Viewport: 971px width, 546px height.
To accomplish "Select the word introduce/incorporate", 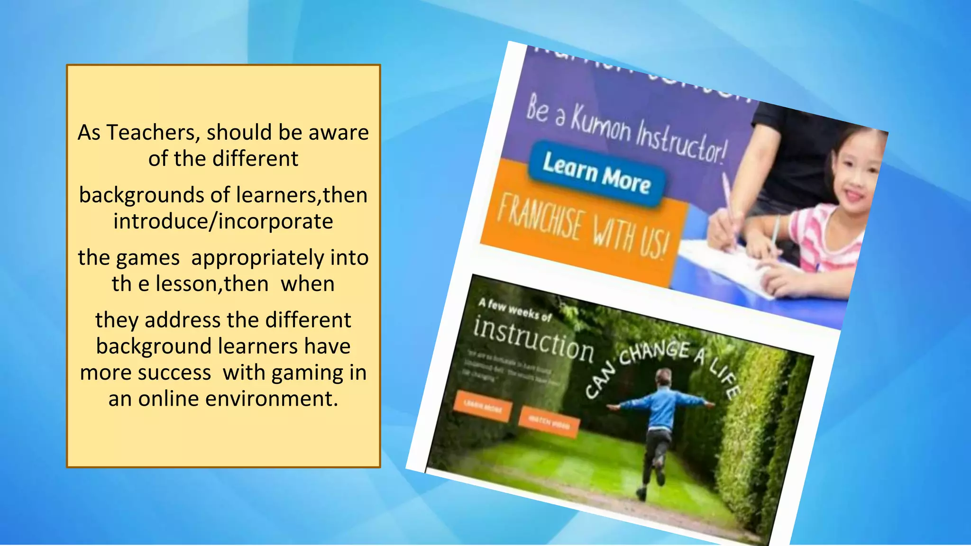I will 223,221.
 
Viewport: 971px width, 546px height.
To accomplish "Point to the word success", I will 180,373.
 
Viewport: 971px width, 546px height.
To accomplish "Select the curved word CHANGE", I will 654,353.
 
